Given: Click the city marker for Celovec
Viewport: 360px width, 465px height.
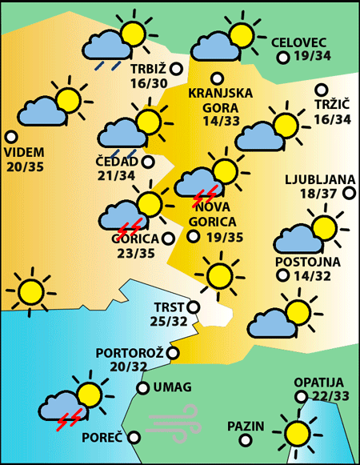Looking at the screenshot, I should [x=282, y=58].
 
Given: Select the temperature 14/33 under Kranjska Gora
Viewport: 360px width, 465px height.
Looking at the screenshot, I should [x=222, y=122].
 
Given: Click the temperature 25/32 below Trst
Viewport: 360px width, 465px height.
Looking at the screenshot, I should [x=169, y=322].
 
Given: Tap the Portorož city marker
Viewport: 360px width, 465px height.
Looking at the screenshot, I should [x=173, y=352].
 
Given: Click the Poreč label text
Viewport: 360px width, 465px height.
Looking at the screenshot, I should [x=102, y=438].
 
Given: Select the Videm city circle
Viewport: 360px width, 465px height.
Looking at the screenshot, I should [x=11, y=137].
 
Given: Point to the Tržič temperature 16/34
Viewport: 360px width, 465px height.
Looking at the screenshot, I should [x=332, y=119].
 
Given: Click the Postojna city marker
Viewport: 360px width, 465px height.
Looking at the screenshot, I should [x=282, y=275].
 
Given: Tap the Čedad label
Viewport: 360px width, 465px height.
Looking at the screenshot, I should [x=114, y=162].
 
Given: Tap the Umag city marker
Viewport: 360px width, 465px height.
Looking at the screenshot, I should [x=142, y=388].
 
